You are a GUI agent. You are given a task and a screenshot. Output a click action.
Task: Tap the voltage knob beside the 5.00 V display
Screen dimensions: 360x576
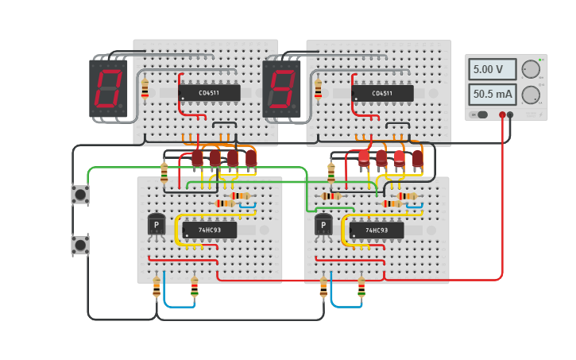click(531, 70)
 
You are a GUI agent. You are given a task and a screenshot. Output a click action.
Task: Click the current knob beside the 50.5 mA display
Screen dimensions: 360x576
click(531, 95)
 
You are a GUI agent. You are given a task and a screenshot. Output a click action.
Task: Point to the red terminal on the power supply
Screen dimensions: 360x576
click(502, 115)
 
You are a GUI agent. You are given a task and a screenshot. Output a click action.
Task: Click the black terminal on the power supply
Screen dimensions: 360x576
click(510, 115)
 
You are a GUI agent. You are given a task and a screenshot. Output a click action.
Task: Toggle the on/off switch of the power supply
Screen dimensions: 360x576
click(477, 114)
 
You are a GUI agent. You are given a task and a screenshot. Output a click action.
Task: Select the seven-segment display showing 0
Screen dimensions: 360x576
click(109, 88)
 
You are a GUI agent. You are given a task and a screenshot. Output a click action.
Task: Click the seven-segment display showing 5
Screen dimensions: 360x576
click(282, 88)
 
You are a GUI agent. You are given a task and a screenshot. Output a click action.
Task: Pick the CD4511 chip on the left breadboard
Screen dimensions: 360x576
click(210, 93)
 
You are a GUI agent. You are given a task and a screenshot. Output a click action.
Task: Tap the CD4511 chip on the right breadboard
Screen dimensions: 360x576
click(382, 93)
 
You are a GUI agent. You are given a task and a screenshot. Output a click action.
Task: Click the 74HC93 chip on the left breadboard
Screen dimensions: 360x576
click(210, 230)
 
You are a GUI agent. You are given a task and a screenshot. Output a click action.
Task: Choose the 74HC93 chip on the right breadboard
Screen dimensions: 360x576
click(377, 230)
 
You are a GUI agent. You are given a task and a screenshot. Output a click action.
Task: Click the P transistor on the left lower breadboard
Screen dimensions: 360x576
click(157, 226)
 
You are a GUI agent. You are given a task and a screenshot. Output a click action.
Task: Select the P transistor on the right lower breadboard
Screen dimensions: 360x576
click(323, 226)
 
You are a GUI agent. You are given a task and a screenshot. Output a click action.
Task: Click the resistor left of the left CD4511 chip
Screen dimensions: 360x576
click(145, 88)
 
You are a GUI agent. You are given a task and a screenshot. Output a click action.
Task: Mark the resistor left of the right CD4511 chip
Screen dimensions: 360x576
click(318, 89)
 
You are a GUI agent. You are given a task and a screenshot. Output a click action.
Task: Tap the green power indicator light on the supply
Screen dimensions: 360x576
click(542, 60)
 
